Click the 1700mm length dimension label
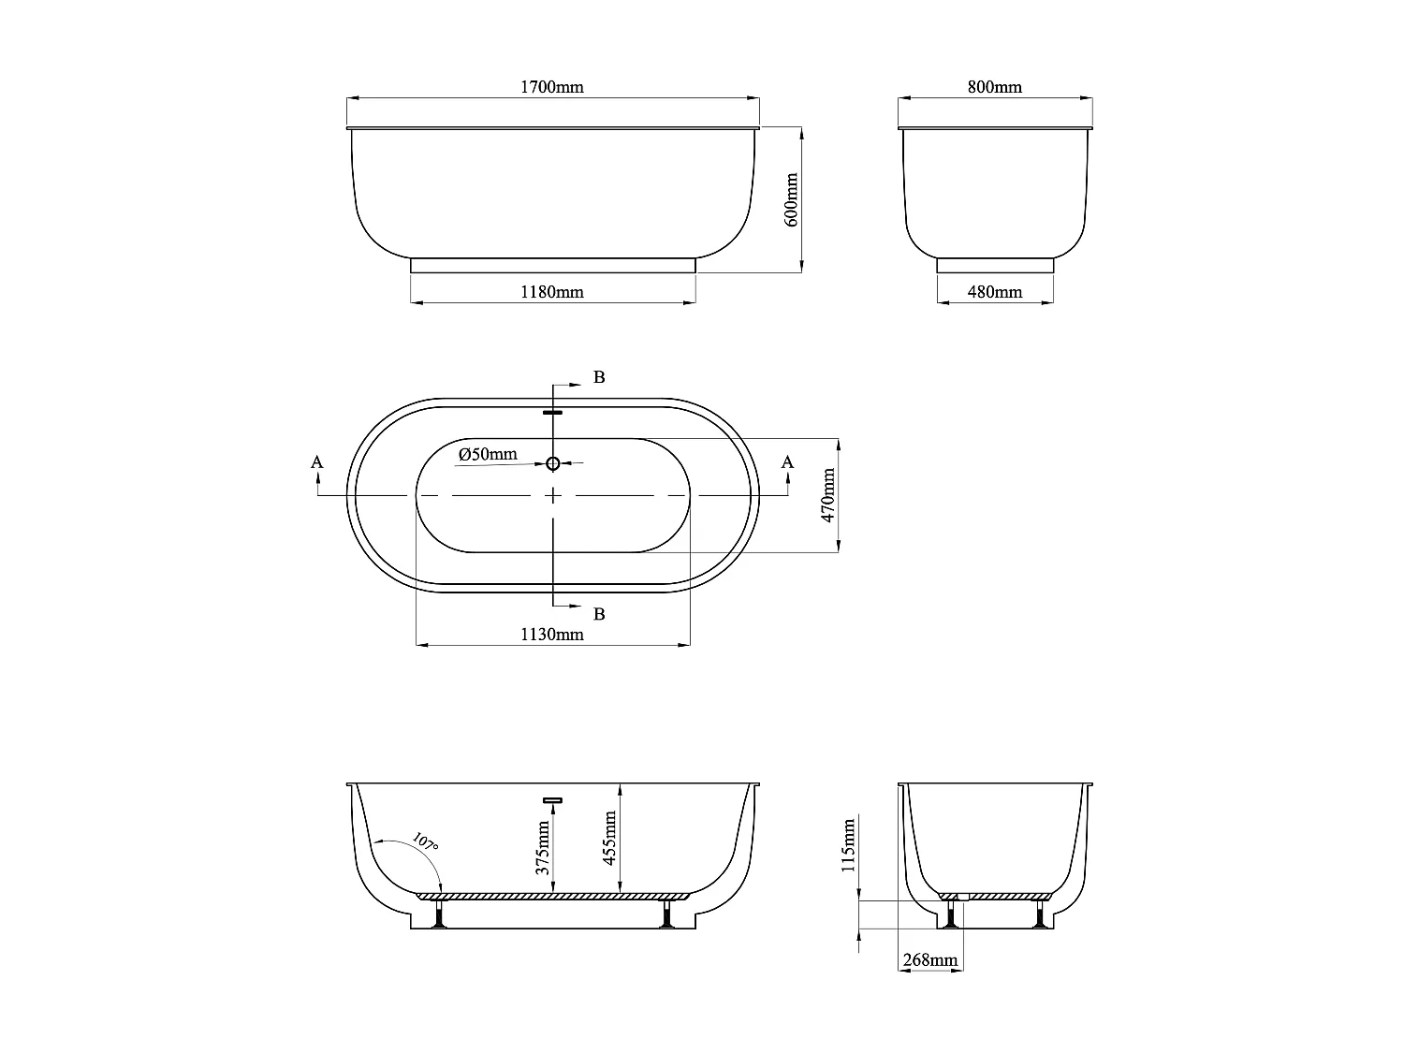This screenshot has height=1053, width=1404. [x=552, y=87]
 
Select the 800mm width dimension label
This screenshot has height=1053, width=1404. [x=994, y=87]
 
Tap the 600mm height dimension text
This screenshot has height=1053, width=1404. [x=792, y=198]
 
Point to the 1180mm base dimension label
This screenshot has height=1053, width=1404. [x=552, y=292]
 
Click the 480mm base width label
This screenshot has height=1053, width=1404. [x=994, y=292]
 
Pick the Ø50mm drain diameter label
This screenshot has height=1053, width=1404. [x=488, y=455]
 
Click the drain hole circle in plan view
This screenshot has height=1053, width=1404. [x=553, y=463]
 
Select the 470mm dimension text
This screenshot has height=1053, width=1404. [x=827, y=495]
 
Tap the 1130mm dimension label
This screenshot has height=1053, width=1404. [x=552, y=635]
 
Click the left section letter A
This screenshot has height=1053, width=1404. [x=317, y=461]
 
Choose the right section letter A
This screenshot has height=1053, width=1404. [x=787, y=461]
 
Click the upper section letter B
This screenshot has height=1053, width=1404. [x=600, y=377]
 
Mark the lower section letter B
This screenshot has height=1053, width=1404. [x=600, y=614]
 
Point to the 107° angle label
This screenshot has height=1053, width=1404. [x=425, y=841]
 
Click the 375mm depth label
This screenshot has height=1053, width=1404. [x=543, y=847]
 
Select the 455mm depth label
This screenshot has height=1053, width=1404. [x=610, y=838]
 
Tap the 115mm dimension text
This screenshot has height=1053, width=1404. [x=849, y=845]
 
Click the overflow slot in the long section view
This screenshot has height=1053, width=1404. [x=552, y=800]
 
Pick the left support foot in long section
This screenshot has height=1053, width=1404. [x=438, y=915]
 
